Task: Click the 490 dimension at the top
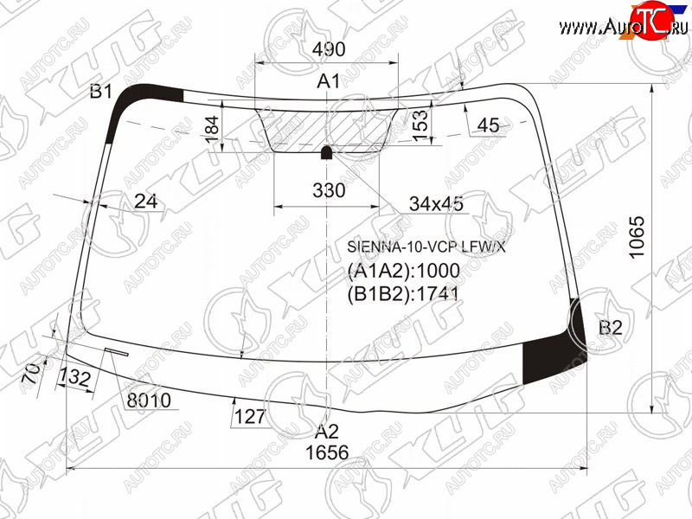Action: tap(329, 49)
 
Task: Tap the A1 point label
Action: tap(329, 81)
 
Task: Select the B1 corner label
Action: tap(101, 92)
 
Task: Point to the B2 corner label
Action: tap(611, 328)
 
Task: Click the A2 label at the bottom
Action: tap(327, 431)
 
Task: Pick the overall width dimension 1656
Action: tap(327, 452)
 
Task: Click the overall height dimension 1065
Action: tap(637, 237)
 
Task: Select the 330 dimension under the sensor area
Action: tap(329, 190)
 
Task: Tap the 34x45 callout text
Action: tap(436, 204)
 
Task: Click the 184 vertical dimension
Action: tap(212, 129)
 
